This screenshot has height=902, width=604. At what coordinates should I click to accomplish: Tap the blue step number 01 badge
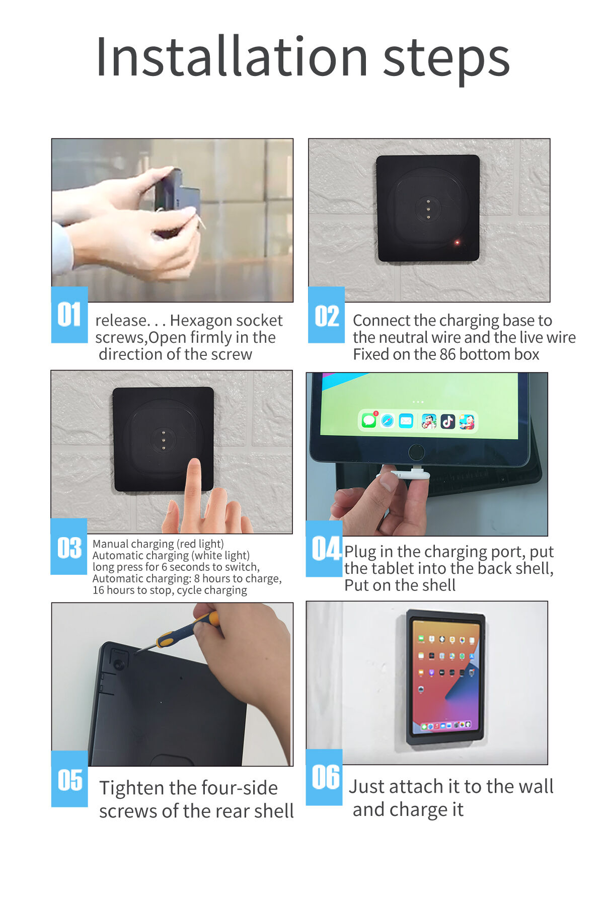point(69,315)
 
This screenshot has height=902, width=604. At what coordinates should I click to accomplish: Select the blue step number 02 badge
point(326,315)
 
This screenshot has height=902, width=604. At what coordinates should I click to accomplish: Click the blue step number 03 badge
point(69,547)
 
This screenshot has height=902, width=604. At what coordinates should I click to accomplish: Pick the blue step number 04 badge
point(325,549)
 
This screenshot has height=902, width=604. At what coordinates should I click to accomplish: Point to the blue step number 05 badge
point(69,779)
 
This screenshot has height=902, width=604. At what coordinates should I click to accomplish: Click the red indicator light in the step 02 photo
point(457,243)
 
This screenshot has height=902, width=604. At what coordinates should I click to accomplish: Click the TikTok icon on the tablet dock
point(447,421)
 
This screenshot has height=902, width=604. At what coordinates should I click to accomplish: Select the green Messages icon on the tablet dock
point(369,420)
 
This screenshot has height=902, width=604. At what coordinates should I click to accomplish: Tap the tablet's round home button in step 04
point(416,452)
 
